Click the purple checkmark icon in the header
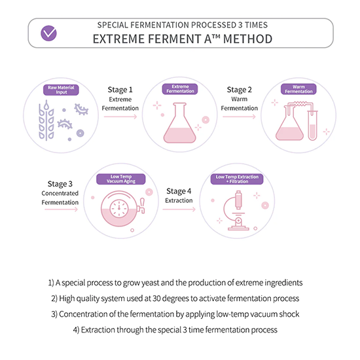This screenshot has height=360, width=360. tap(48, 33)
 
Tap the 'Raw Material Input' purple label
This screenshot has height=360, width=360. tap(61, 90)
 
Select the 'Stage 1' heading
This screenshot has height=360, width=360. tap(120, 90)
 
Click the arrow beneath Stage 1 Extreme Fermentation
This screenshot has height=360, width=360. tap(120, 117)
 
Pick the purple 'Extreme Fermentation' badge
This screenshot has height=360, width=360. tap(180, 89)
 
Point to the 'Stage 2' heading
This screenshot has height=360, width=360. tap(239, 90)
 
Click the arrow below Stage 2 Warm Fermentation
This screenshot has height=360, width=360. tap(239, 117)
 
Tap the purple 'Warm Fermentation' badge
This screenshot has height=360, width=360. tap(298, 89)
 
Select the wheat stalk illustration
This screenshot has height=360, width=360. tap(46, 120)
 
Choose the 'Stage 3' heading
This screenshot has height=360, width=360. tap(60, 184)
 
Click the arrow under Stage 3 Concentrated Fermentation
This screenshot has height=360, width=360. tap(62, 209)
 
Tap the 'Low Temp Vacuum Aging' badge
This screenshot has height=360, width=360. tap(121, 179)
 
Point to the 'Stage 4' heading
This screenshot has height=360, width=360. tap(179, 191)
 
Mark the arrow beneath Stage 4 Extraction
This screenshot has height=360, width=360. tap(179, 209)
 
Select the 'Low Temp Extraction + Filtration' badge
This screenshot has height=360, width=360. tap(237, 179)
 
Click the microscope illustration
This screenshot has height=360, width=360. tap(236, 210)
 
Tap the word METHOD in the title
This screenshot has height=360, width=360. tap(247, 39)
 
